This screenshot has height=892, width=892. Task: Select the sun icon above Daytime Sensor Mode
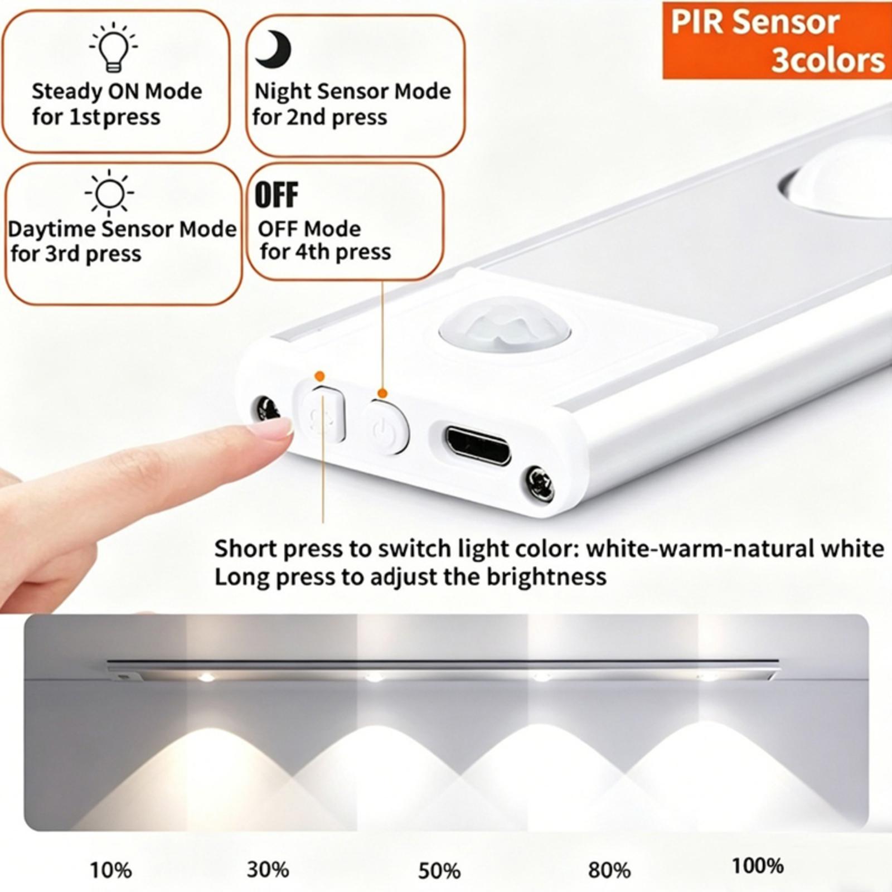click(109, 192)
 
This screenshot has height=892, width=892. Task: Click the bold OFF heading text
click(277, 195)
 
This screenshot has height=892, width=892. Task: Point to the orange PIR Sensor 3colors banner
click(777, 40)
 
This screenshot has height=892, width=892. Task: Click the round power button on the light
click(386, 428)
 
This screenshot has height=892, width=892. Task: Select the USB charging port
click(477, 445)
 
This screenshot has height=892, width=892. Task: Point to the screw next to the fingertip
click(267, 409)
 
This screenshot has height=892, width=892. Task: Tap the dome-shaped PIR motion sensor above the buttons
click(505, 327)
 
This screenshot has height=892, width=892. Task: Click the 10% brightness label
click(111, 869)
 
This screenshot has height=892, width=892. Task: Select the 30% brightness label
click(268, 869)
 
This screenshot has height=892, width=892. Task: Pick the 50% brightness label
click(439, 871)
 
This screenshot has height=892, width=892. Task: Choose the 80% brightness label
click(609, 870)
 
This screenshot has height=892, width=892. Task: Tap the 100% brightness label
click(758, 866)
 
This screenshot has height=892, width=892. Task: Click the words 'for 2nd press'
click(319, 118)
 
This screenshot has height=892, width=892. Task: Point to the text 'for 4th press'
click(326, 252)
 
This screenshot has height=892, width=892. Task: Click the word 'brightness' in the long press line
click(546, 576)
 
